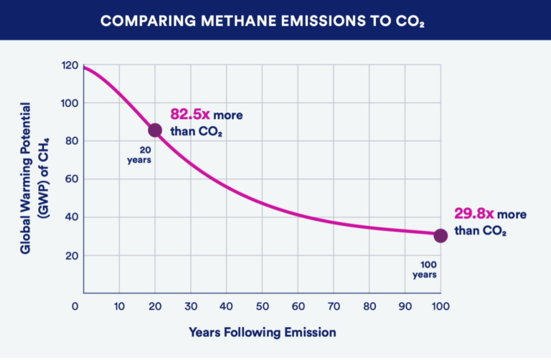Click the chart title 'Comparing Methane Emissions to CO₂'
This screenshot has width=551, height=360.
point(275,20)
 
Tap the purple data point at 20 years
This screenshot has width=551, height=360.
point(155,130)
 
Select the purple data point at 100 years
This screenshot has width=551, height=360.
point(441,235)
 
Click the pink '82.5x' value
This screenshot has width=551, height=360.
point(189,114)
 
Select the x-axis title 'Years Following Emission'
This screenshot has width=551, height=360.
point(262,333)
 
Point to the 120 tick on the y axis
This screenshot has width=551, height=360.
point(70,65)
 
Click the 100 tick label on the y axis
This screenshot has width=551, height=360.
point(70,103)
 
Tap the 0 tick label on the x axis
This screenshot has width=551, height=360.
point(75,306)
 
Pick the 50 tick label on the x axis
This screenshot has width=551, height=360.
point(262,306)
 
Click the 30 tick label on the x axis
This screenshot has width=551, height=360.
point(190,306)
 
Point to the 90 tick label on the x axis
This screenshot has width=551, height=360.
point(405,306)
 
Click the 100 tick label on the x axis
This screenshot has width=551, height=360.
point(440,306)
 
